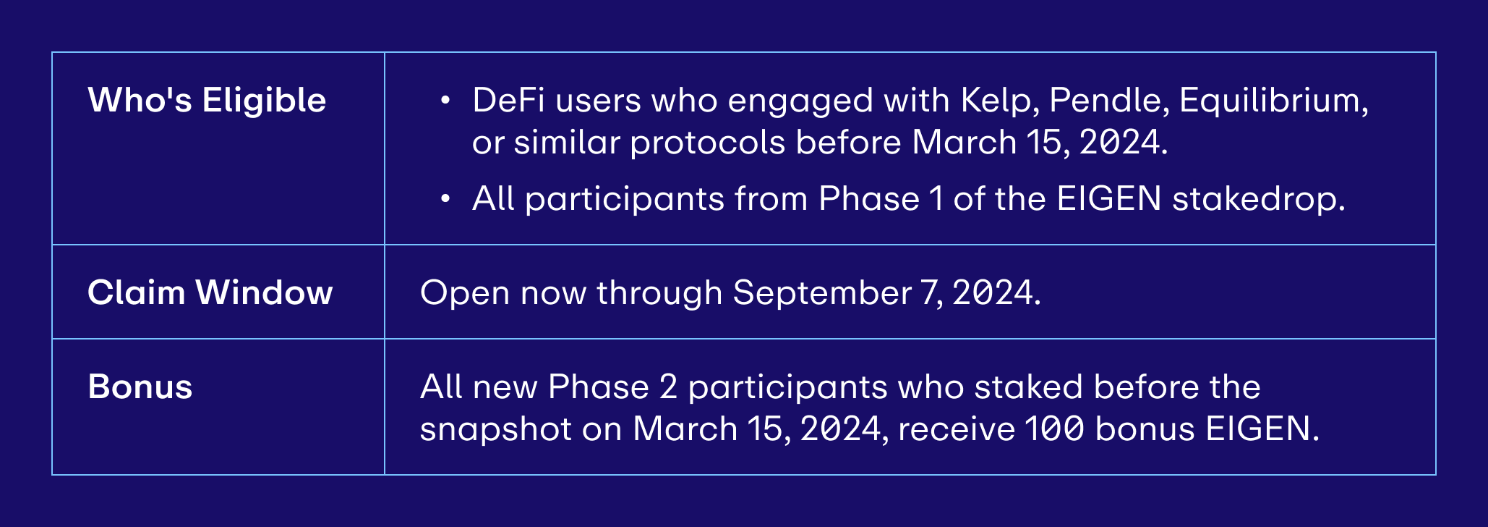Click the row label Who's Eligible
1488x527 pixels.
(207, 100)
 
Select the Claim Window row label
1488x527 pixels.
(210, 292)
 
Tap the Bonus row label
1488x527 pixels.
(140, 387)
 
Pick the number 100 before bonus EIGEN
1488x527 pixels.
(1055, 429)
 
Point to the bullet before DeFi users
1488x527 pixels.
(445, 101)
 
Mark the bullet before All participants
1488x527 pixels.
(445, 198)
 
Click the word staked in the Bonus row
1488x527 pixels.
(1028, 387)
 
